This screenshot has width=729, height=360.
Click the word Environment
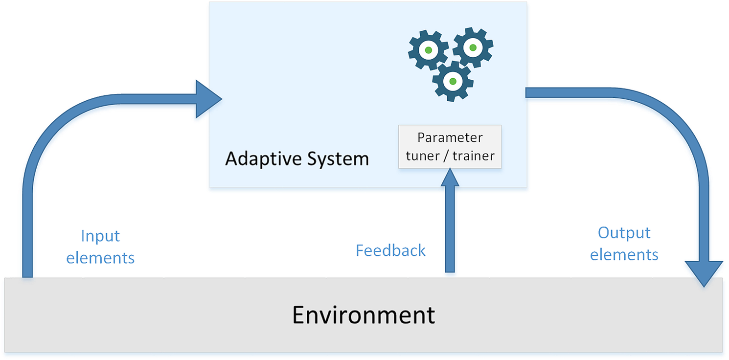coord(364,315)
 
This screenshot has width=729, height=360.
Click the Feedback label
coord(390,250)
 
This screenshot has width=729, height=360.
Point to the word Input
coord(100,236)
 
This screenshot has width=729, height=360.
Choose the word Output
coord(624,233)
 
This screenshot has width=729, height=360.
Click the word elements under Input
coord(100,258)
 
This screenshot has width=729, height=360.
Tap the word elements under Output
coord(624,255)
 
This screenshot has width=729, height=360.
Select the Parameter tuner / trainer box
coord(450,146)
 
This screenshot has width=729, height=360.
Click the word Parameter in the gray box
coord(450,137)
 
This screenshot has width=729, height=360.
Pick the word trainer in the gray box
coord(473,156)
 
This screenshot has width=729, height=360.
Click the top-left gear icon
coord(428,50)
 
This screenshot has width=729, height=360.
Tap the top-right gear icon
coord(473,47)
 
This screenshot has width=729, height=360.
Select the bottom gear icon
coord(453,81)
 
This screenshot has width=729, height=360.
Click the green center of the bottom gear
coord(453,81)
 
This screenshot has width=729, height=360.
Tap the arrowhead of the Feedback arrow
coord(450,178)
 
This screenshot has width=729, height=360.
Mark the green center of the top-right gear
coord(473,47)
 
